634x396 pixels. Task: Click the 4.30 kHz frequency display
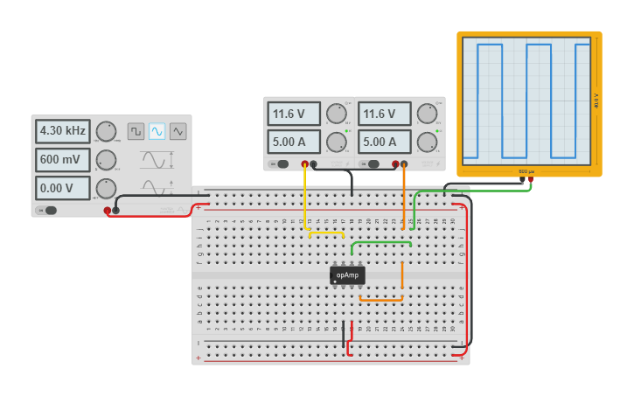pyautogui.click(x=63, y=131)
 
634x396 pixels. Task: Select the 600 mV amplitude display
pyautogui.click(x=63, y=160)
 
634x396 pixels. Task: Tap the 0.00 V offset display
pyautogui.click(x=63, y=188)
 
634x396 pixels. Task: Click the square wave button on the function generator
pyautogui.click(x=136, y=131)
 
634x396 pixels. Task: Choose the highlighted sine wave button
pyautogui.click(x=157, y=131)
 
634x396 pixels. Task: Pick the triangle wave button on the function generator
pyautogui.click(x=178, y=131)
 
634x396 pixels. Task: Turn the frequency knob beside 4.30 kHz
pyautogui.click(x=106, y=131)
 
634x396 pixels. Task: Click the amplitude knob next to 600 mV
pyautogui.click(x=106, y=160)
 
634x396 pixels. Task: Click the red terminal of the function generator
pyautogui.click(x=108, y=210)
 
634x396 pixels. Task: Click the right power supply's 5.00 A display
pyautogui.click(x=384, y=142)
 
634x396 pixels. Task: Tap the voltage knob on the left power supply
pyautogui.click(x=336, y=114)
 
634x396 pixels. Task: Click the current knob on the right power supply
pyautogui.click(x=427, y=142)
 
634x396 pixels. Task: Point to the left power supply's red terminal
pyautogui.click(x=305, y=163)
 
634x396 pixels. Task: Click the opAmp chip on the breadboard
pyautogui.click(x=348, y=275)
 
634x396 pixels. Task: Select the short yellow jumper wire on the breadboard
pyautogui.click(x=326, y=233)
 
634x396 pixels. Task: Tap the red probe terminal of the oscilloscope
pyautogui.click(x=530, y=180)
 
